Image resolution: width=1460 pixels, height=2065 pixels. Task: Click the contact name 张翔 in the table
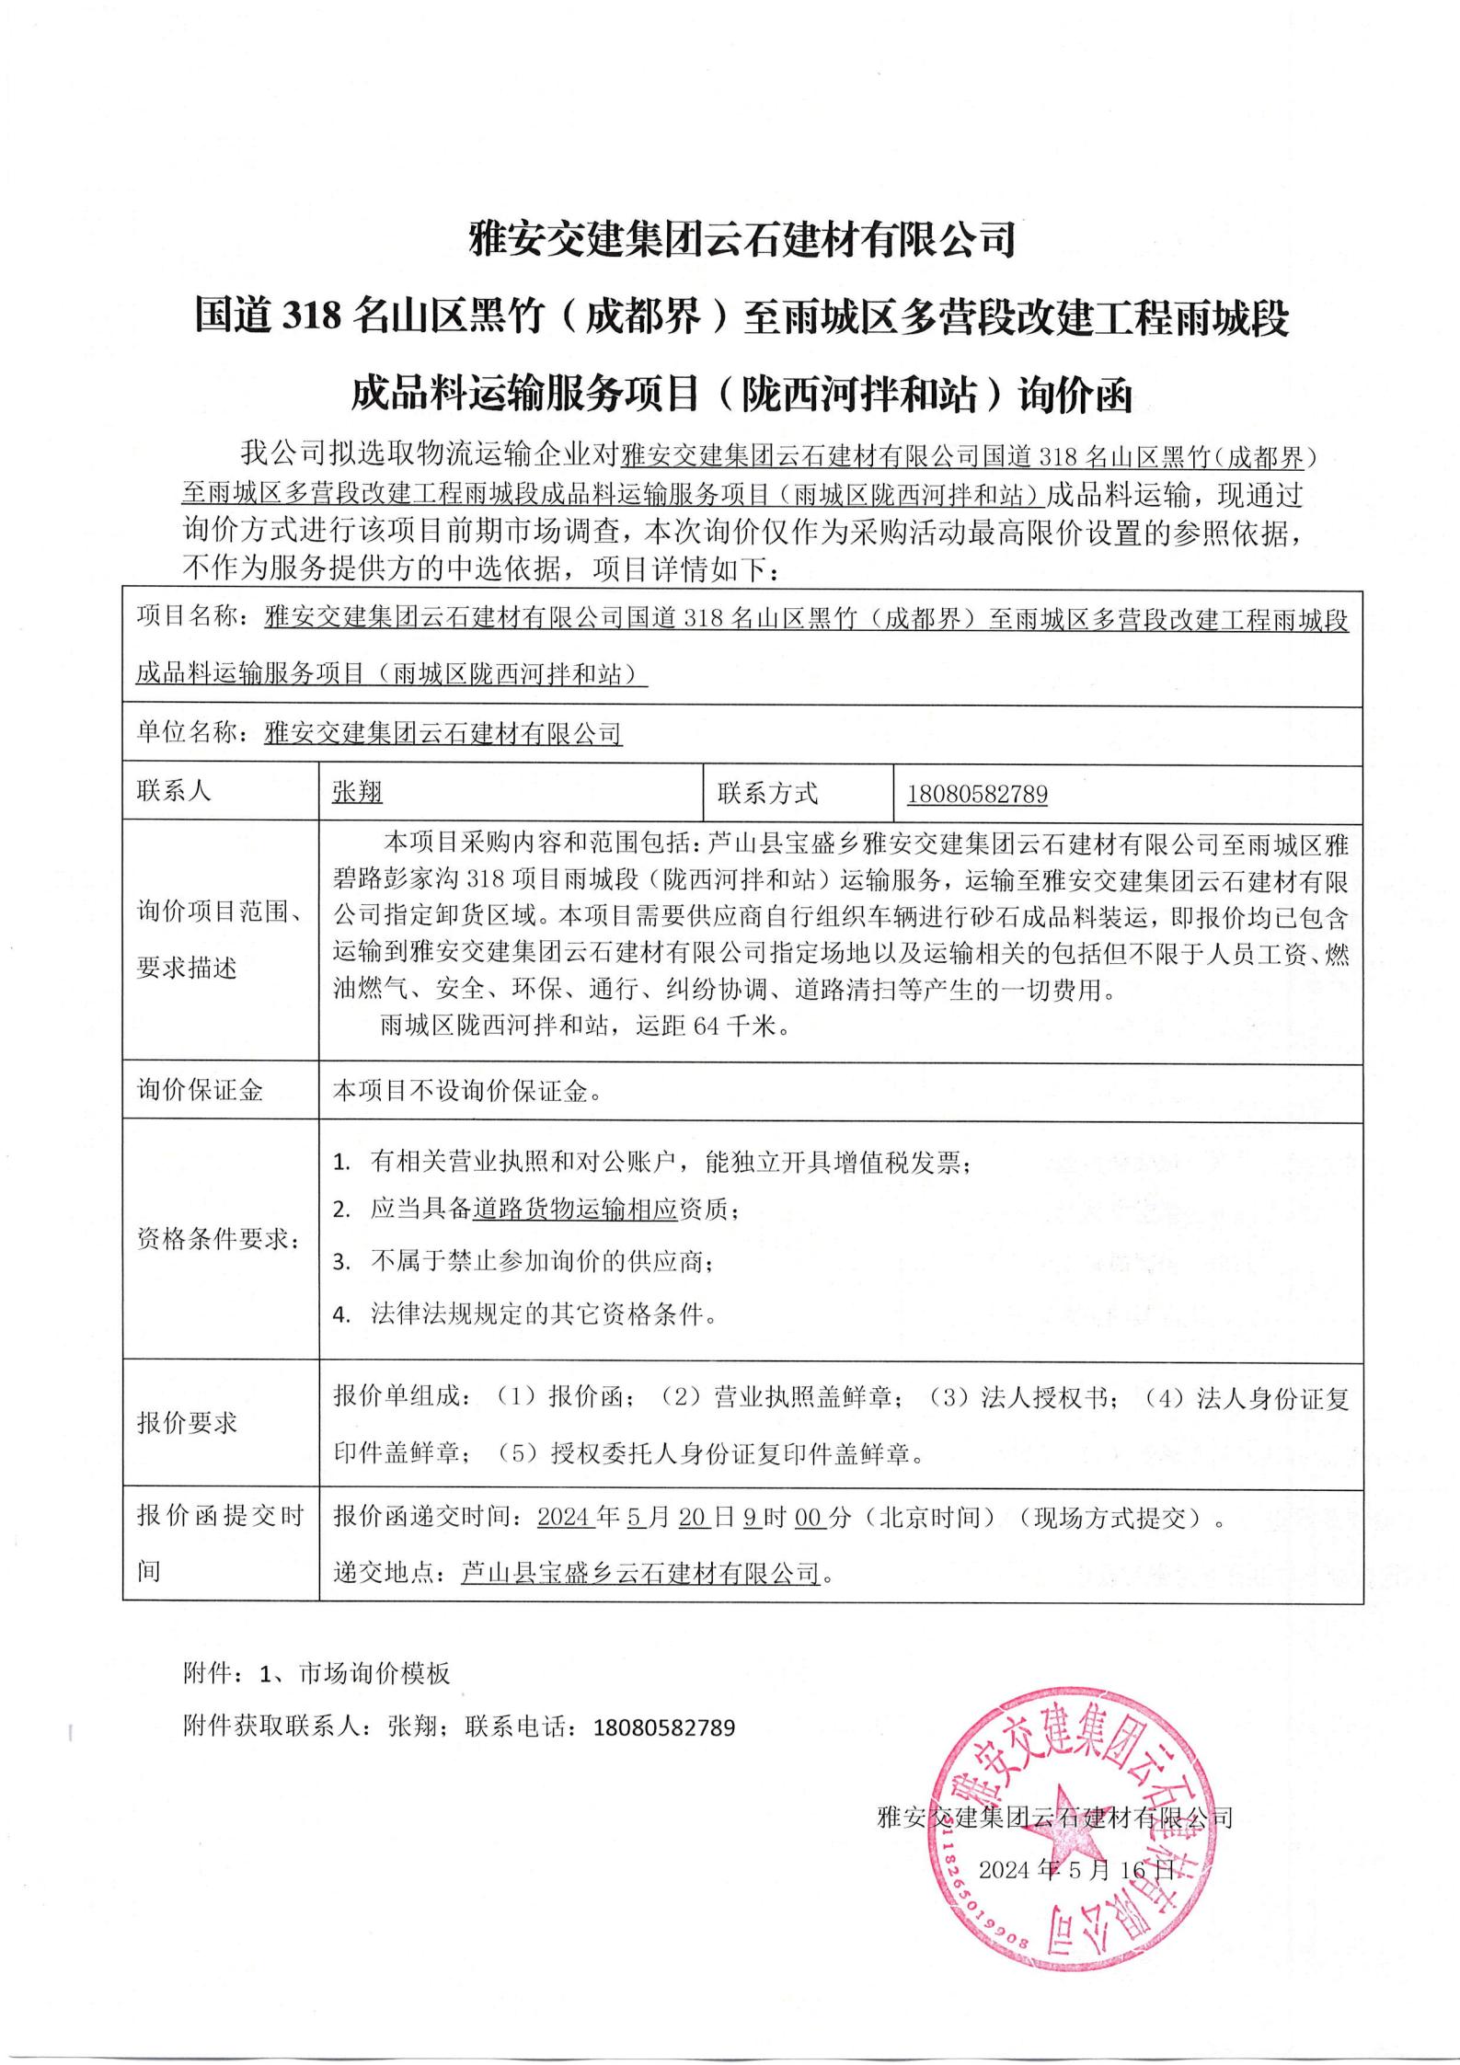pyautogui.click(x=357, y=793)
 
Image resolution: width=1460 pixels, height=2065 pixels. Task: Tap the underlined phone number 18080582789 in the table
pyautogui.click(x=977, y=793)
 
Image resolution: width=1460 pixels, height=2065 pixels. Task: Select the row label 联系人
pyautogui.click(x=174, y=791)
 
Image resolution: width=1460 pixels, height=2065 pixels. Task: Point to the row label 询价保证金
pyautogui.click(x=201, y=1091)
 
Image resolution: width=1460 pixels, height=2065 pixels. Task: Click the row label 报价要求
pyautogui.click(x=188, y=1423)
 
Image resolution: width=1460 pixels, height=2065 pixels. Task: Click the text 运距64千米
pyautogui.click(x=708, y=1026)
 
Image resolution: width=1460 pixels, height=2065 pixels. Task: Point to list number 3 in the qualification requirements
pyautogui.click(x=341, y=1262)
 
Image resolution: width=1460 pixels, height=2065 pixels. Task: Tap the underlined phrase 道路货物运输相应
pyautogui.click(x=575, y=1210)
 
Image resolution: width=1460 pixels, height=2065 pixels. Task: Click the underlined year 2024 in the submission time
pyautogui.click(x=563, y=1517)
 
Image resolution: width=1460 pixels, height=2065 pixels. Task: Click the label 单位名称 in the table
pyautogui.click(x=187, y=733)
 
